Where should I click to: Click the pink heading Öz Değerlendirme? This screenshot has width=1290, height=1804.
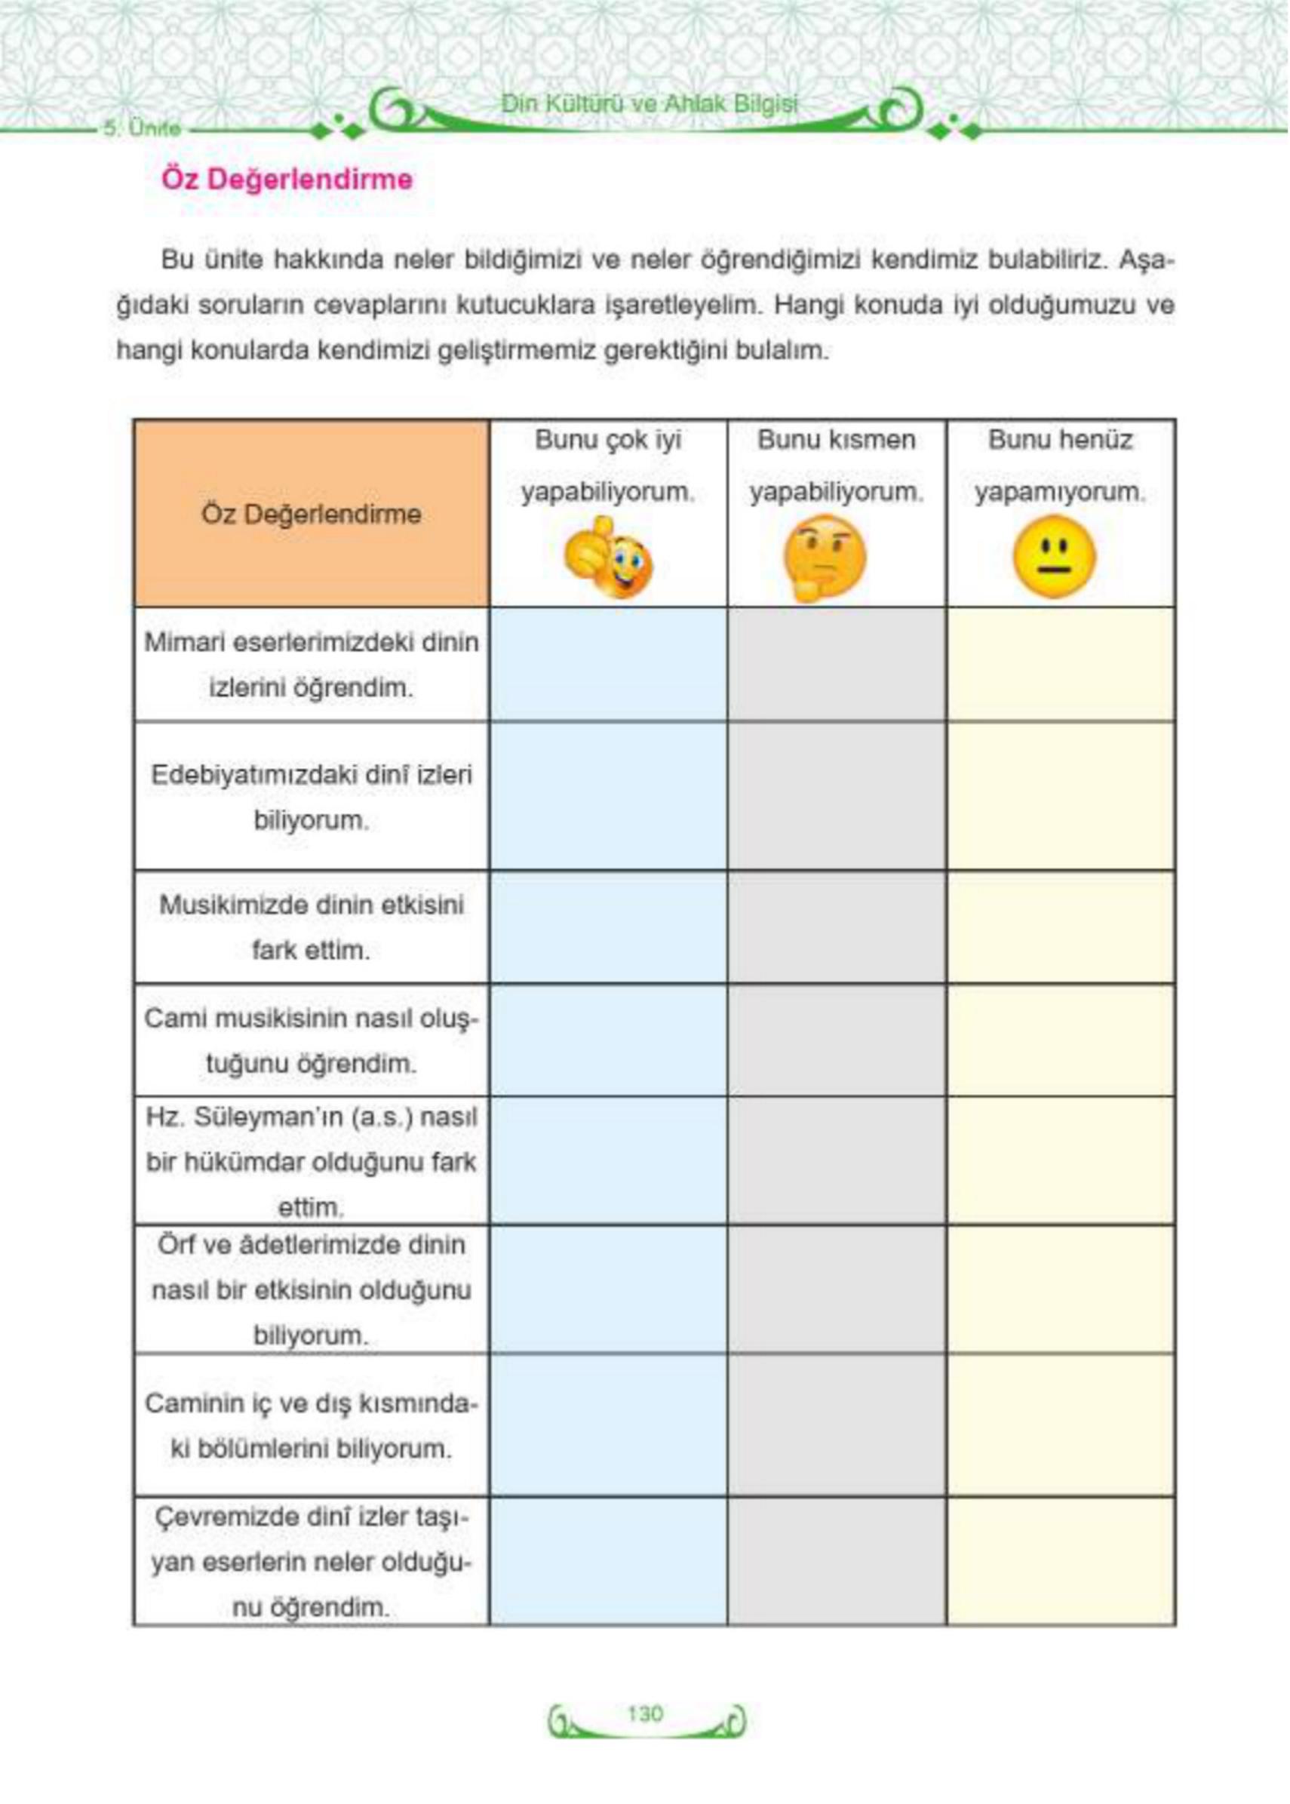pyautogui.click(x=287, y=179)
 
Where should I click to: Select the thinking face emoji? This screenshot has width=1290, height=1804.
pyautogui.click(x=824, y=558)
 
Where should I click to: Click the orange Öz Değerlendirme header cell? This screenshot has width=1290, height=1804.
pyautogui.click(x=312, y=514)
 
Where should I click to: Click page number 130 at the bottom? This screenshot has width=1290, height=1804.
pyautogui.click(x=644, y=1714)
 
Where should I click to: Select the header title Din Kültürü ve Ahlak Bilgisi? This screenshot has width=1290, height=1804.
pyautogui.click(x=649, y=103)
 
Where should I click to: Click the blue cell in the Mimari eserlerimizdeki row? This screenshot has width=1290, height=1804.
pyautogui.click(x=609, y=664)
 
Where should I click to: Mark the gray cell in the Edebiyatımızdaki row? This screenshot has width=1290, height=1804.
pyautogui.click(x=837, y=796)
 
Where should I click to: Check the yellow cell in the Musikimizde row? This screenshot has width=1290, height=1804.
pyautogui.click(x=1061, y=927)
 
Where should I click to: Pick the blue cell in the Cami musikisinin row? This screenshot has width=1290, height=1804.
pyautogui.click(x=609, y=1040)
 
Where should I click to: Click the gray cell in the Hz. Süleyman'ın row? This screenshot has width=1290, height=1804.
pyautogui.click(x=837, y=1160)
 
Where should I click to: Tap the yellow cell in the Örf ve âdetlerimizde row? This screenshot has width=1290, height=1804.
pyautogui.click(x=1061, y=1289)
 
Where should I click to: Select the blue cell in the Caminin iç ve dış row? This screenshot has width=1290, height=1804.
pyautogui.click(x=609, y=1425)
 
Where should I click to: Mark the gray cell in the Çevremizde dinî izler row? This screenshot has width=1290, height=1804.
pyautogui.click(x=837, y=1561)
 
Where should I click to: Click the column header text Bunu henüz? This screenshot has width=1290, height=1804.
pyautogui.click(x=1060, y=439)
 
